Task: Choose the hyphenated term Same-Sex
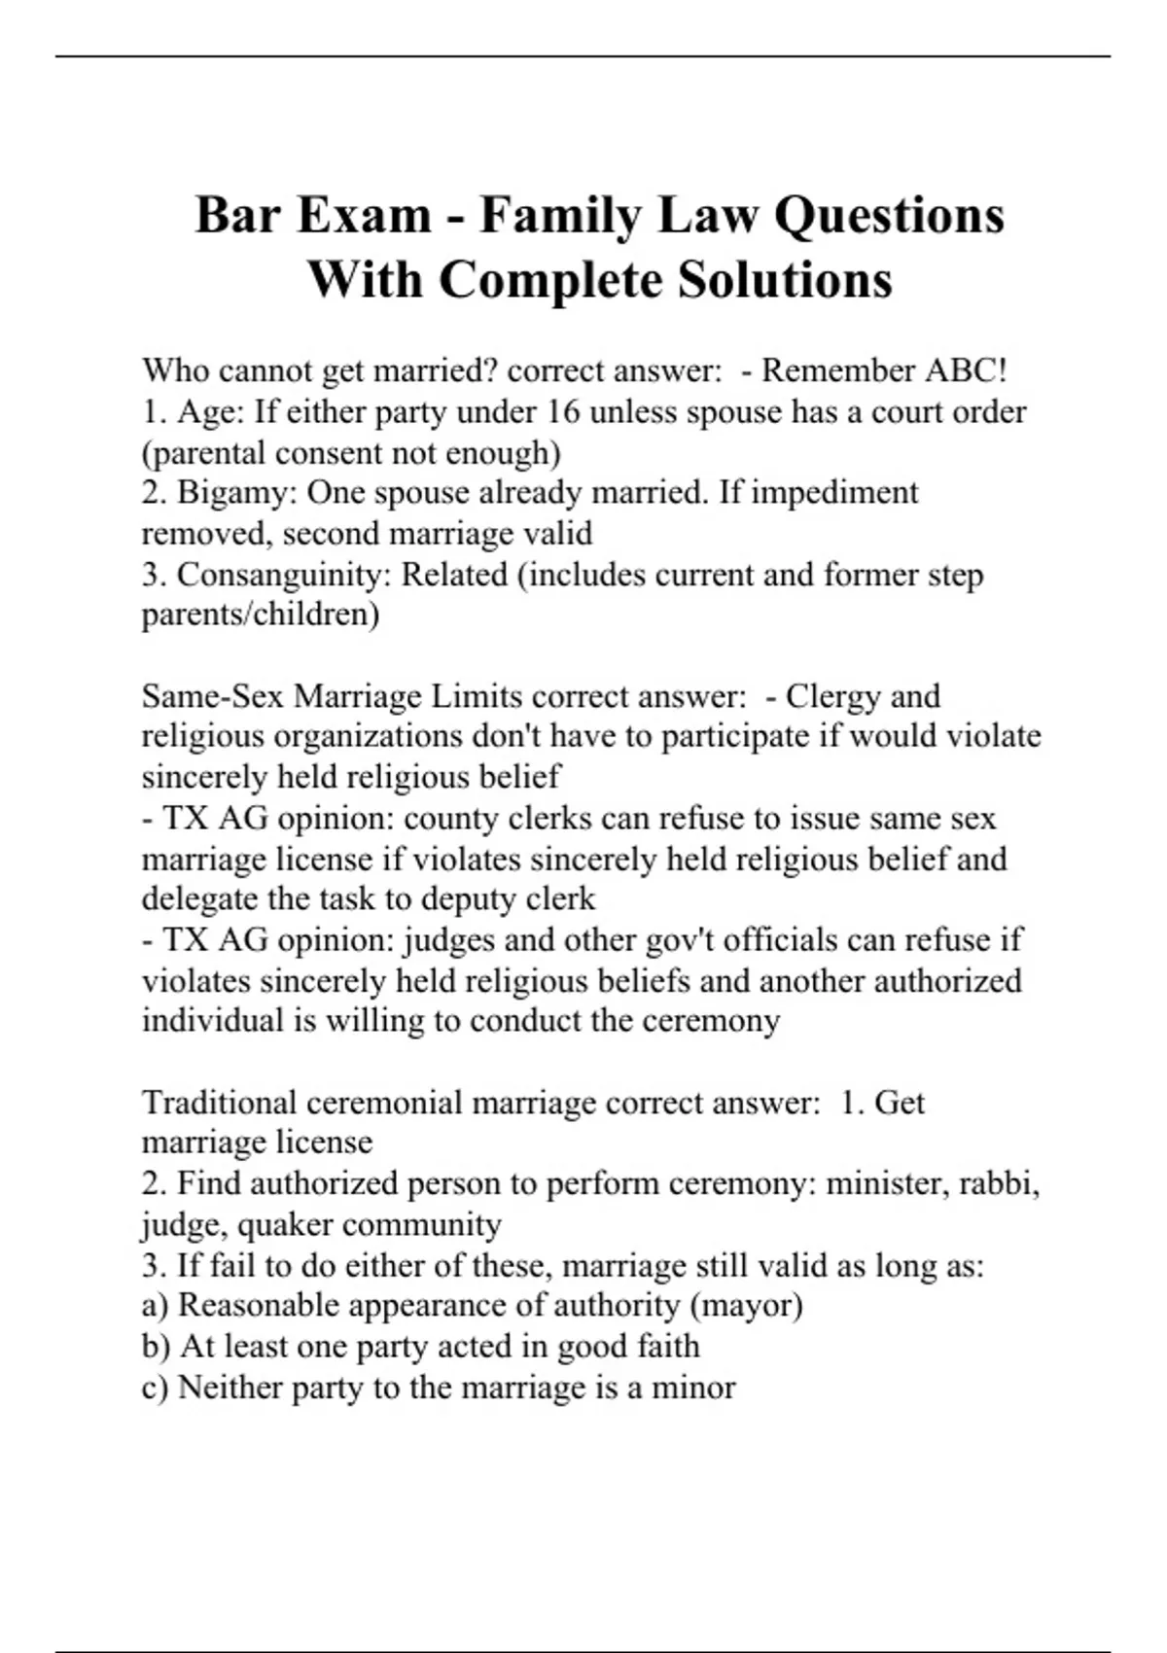(x=213, y=696)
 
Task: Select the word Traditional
(x=220, y=1103)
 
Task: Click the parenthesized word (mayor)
(x=746, y=1306)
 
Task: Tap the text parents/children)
(x=261, y=615)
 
